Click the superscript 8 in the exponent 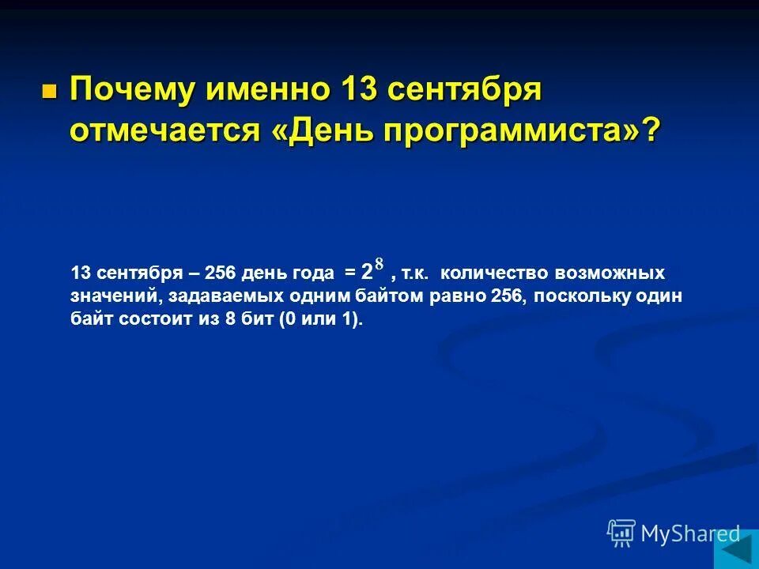click(379, 264)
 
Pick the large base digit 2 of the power click(366, 273)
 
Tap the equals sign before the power click(349, 273)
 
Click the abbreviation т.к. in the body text click(415, 273)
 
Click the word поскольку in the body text click(572, 296)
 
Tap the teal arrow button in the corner click(736, 548)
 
